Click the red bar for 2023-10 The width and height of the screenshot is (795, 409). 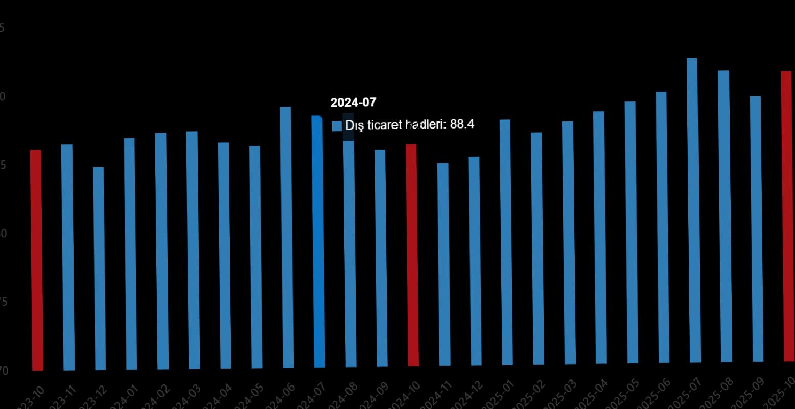tap(36, 261)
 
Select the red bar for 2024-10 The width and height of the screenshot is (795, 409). tap(412, 256)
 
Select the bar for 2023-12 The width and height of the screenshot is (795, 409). tap(99, 268)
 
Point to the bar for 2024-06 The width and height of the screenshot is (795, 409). tap(287, 238)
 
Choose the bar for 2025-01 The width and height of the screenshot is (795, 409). tap(506, 242)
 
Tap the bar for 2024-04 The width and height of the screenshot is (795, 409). tap(224, 256)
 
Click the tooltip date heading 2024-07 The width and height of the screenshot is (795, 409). tap(353, 103)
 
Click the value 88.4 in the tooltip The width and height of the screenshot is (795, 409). tap(462, 124)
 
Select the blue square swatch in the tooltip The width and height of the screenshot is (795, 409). tap(337, 126)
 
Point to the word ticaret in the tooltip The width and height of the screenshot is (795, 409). tap(385, 125)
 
